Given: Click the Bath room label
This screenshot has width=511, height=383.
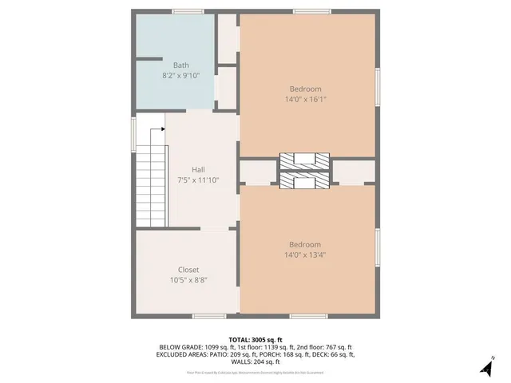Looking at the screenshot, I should pos(181,65).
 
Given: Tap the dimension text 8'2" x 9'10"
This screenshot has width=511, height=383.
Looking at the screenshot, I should pos(181,76).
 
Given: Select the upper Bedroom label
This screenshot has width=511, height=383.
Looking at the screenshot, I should pos(305,89).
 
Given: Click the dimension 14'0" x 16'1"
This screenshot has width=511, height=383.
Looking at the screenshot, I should pos(305,100).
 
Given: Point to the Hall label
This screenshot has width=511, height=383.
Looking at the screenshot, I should pos(199,169).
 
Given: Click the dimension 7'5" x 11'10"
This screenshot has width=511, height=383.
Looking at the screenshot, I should pos(199,180).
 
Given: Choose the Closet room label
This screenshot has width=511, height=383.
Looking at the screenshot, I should pos(188,270).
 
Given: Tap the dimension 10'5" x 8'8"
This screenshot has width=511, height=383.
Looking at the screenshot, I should pos(188,281).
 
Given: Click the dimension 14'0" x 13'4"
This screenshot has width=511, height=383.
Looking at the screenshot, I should pos(305,255).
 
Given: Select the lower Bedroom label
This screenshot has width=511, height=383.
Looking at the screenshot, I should pos(305,244).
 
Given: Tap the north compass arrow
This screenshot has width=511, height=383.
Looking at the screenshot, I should pos(485,367).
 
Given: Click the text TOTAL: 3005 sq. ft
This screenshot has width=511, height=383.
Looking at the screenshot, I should pos(255,339).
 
